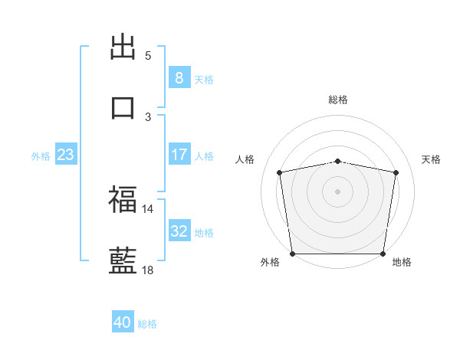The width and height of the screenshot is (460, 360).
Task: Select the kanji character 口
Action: (123, 107)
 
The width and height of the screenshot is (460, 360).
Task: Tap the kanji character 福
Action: (123, 200)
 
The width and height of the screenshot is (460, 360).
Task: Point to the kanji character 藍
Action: (123, 260)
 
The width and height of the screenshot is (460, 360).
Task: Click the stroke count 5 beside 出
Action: (148, 56)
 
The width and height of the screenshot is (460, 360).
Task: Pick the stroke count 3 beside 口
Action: (148, 116)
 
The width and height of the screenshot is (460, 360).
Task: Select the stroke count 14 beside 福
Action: (148, 208)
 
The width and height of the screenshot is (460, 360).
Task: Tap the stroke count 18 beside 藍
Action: (148, 270)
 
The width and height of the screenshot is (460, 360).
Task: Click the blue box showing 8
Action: (179, 77)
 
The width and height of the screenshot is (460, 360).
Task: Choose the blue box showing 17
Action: (179, 155)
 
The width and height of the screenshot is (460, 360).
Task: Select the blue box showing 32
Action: (179, 231)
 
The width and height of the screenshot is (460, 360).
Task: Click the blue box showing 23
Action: (65, 155)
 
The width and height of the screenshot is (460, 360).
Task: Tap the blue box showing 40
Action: (122, 322)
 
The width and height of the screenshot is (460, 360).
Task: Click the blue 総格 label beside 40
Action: (147, 324)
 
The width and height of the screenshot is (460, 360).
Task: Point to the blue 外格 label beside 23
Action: (41, 156)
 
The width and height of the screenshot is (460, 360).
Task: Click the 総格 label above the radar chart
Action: (338, 100)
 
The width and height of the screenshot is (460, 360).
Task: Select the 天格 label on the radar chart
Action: (432, 159)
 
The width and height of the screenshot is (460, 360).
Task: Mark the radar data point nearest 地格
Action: (383, 254)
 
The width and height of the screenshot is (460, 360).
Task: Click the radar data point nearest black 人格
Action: (280, 172)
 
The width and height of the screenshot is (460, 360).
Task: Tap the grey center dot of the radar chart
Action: (338, 191)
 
